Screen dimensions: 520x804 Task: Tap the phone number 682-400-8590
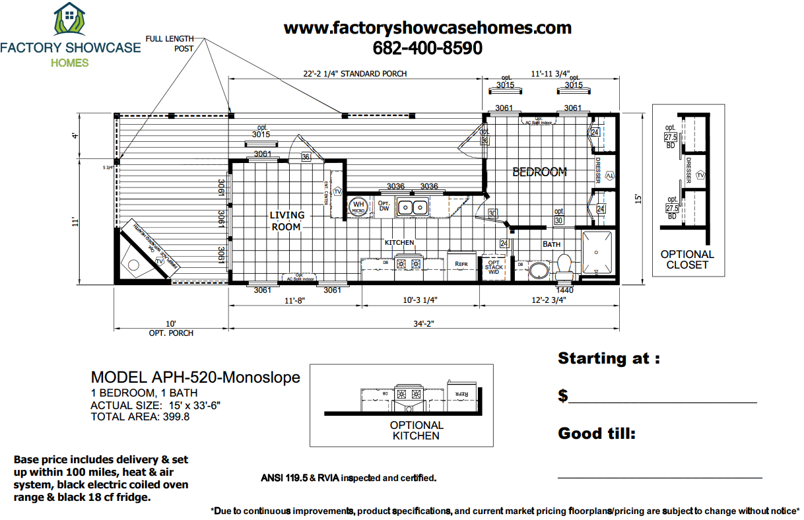[x=427, y=48]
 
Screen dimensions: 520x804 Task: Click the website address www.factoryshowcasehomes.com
[x=427, y=28]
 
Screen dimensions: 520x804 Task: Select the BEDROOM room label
[x=540, y=172]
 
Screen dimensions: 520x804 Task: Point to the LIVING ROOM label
[x=287, y=220]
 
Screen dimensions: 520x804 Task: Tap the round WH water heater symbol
[x=358, y=207]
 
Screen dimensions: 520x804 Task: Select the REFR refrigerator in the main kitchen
[x=461, y=263]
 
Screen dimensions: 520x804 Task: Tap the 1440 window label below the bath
[x=564, y=290]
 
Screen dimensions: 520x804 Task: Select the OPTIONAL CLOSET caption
[x=687, y=259]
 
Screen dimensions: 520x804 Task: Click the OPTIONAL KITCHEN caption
[x=417, y=430]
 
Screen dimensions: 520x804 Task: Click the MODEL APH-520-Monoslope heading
[x=195, y=377]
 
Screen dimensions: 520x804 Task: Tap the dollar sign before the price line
[x=563, y=396]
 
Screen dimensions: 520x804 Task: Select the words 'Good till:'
[x=597, y=434]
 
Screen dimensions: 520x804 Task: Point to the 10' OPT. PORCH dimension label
[x=171, y=329]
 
